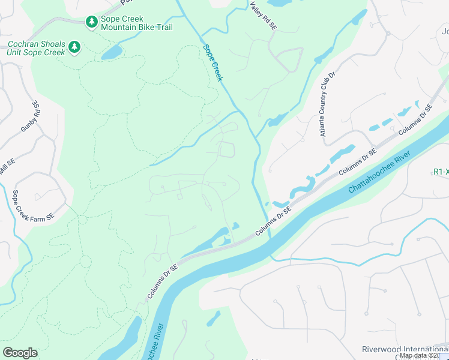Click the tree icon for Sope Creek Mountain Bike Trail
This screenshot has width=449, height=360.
[91, 22]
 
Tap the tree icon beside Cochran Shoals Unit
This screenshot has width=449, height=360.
[74, 47]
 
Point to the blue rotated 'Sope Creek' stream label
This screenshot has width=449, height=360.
[212, 63]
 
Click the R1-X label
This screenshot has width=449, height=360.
[441, 172]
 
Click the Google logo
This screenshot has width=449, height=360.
[20, 353]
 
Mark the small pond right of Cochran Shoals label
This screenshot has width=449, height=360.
[111, 53]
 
